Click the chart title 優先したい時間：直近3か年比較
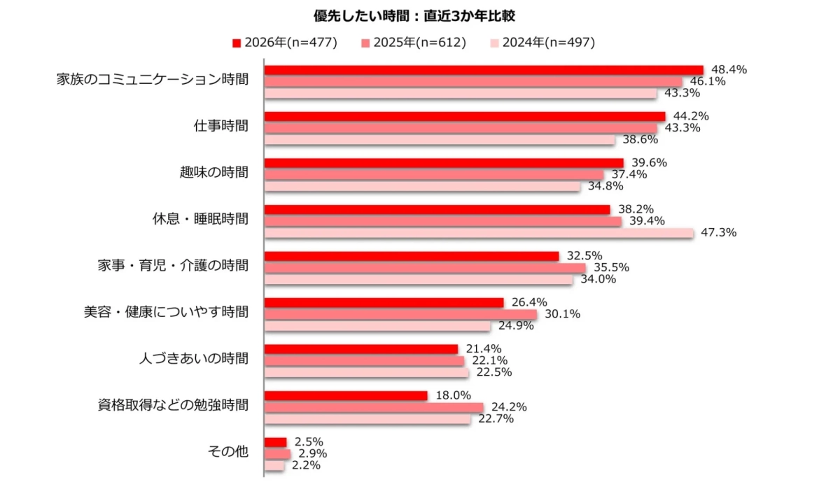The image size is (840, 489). pyautogui.click(x=419, y=15)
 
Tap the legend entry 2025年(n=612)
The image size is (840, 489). pyautogui.click(x=414, y=43)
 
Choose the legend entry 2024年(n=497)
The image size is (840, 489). pyautogui.click(x=542, y=43)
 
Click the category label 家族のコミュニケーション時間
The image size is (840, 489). pyautogui.click(x=152, y=80)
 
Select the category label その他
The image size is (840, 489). pyautogui.click(x=228, y=452)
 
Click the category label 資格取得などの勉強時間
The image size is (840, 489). pyautogui.click(x=172, y=405)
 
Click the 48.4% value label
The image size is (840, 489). pyautogui.click(x=729, y=69)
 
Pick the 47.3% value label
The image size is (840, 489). pyautogui.click(x=718, y=232)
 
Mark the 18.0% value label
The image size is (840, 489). pyautogui.click(x=453, y=395)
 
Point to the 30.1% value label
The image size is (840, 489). pyautogui.click(x=562, y=314)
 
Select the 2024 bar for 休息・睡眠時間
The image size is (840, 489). pyautogui.click(x=479, y=233)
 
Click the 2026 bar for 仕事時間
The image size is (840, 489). pyautogui.click(x=465, y=116)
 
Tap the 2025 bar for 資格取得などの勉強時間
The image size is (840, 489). pyautogui.click(x=374, y=407)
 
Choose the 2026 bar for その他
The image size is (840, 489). pyautogui.click(x=276, y=442)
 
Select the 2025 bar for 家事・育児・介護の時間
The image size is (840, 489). pyautogui.click(x=425, y=268)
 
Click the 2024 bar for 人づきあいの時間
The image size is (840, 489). pyautogui.click(x=367, y=373)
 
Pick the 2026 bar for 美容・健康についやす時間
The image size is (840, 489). pyautogui.click(x=384, y=302)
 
